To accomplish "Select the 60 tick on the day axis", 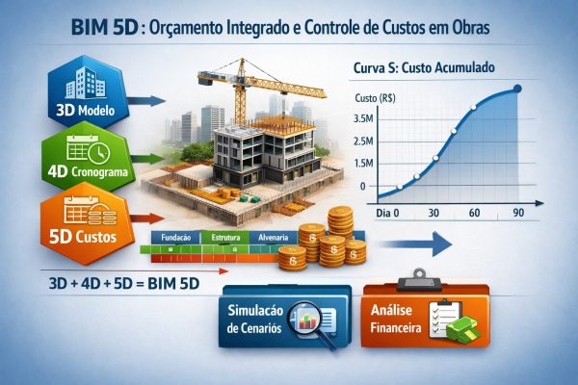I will tap(474, 212).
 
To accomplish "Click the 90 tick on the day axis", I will tap(518, 212).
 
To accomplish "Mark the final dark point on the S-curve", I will tap(518, 90).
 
